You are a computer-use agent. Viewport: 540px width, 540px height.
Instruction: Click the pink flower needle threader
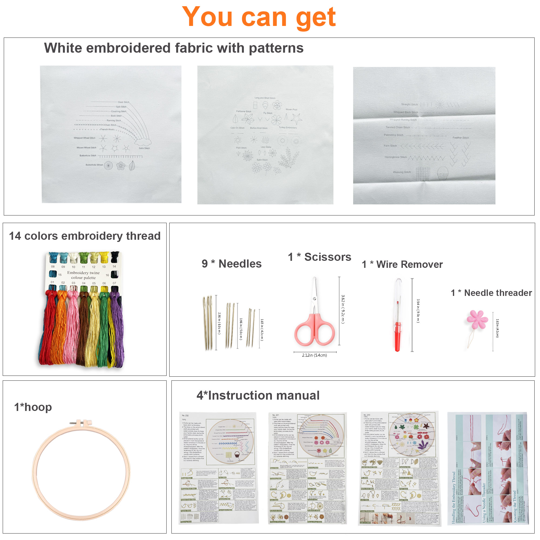pos(477,319)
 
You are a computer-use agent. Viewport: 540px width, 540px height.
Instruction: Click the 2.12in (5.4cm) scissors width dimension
pos(315,355)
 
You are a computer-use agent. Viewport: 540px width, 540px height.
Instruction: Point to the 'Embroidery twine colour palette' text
pos(83,275)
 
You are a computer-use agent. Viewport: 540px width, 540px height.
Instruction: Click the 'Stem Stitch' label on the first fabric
pos(124,102)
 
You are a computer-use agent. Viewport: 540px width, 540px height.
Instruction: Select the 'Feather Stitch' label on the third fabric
pos(461,138)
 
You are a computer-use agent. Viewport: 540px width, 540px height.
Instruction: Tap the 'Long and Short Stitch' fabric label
pos(265,98)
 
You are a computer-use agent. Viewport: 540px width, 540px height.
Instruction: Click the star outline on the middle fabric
pos(296,119)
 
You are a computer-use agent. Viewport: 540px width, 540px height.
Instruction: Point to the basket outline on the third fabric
pos(443,173)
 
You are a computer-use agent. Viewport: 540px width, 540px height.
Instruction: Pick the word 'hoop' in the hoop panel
pos(38,407)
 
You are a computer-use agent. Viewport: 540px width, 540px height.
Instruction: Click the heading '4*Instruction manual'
pos(258,396)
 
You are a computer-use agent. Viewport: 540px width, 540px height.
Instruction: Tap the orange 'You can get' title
pos(259,17)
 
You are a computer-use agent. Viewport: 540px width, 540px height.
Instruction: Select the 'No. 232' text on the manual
pos(185,416)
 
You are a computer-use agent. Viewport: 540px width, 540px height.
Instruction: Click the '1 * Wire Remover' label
pos(402,264)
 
